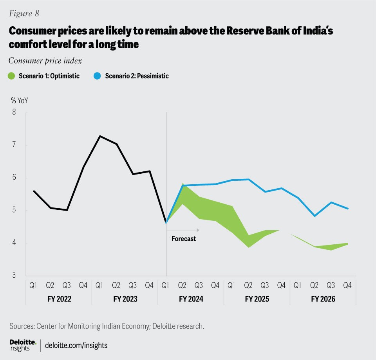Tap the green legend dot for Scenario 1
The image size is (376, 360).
tap(11, 76)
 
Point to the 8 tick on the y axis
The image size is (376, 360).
tap(14, 113)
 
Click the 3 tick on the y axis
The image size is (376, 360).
tap(14, 276)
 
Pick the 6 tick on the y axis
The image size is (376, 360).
tap(14, 178)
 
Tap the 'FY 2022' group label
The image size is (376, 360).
tap(59, 299)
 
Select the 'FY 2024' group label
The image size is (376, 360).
tap(191, 299)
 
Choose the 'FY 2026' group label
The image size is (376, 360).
tap(323, 299)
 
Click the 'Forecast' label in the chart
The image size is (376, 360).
tap(184, 238)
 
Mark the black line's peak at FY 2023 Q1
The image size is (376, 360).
tap(100, 136)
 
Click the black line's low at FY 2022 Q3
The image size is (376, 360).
tap(67, 210)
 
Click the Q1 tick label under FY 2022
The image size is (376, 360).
tap(34, 285)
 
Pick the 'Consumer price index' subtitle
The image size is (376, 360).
tap(45, 61)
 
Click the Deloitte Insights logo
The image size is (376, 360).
tap(23, 345)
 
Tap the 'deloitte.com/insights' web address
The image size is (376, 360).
tap(76, 345)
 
